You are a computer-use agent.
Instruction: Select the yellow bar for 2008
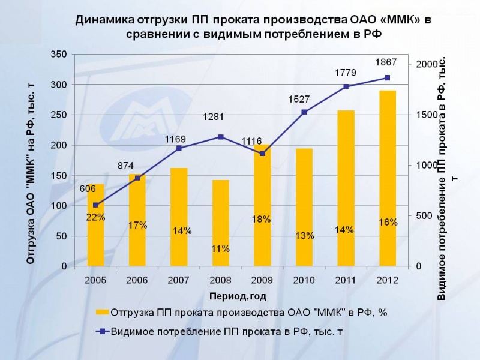point(221,222)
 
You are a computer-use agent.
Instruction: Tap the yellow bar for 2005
point(96,224)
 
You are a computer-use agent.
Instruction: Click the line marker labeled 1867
point(388,77)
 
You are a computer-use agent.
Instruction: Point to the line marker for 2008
point(221,137)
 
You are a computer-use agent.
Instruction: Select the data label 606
point(88,189)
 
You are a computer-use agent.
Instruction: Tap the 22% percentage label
point(96,217)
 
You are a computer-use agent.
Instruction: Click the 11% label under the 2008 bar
point(221,248)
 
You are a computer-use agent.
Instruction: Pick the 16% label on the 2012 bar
point(388,222)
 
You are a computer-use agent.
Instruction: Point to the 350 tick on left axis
point(58,54)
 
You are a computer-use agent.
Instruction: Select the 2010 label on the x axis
point(304,280)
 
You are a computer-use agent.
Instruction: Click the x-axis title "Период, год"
point(238,296)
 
